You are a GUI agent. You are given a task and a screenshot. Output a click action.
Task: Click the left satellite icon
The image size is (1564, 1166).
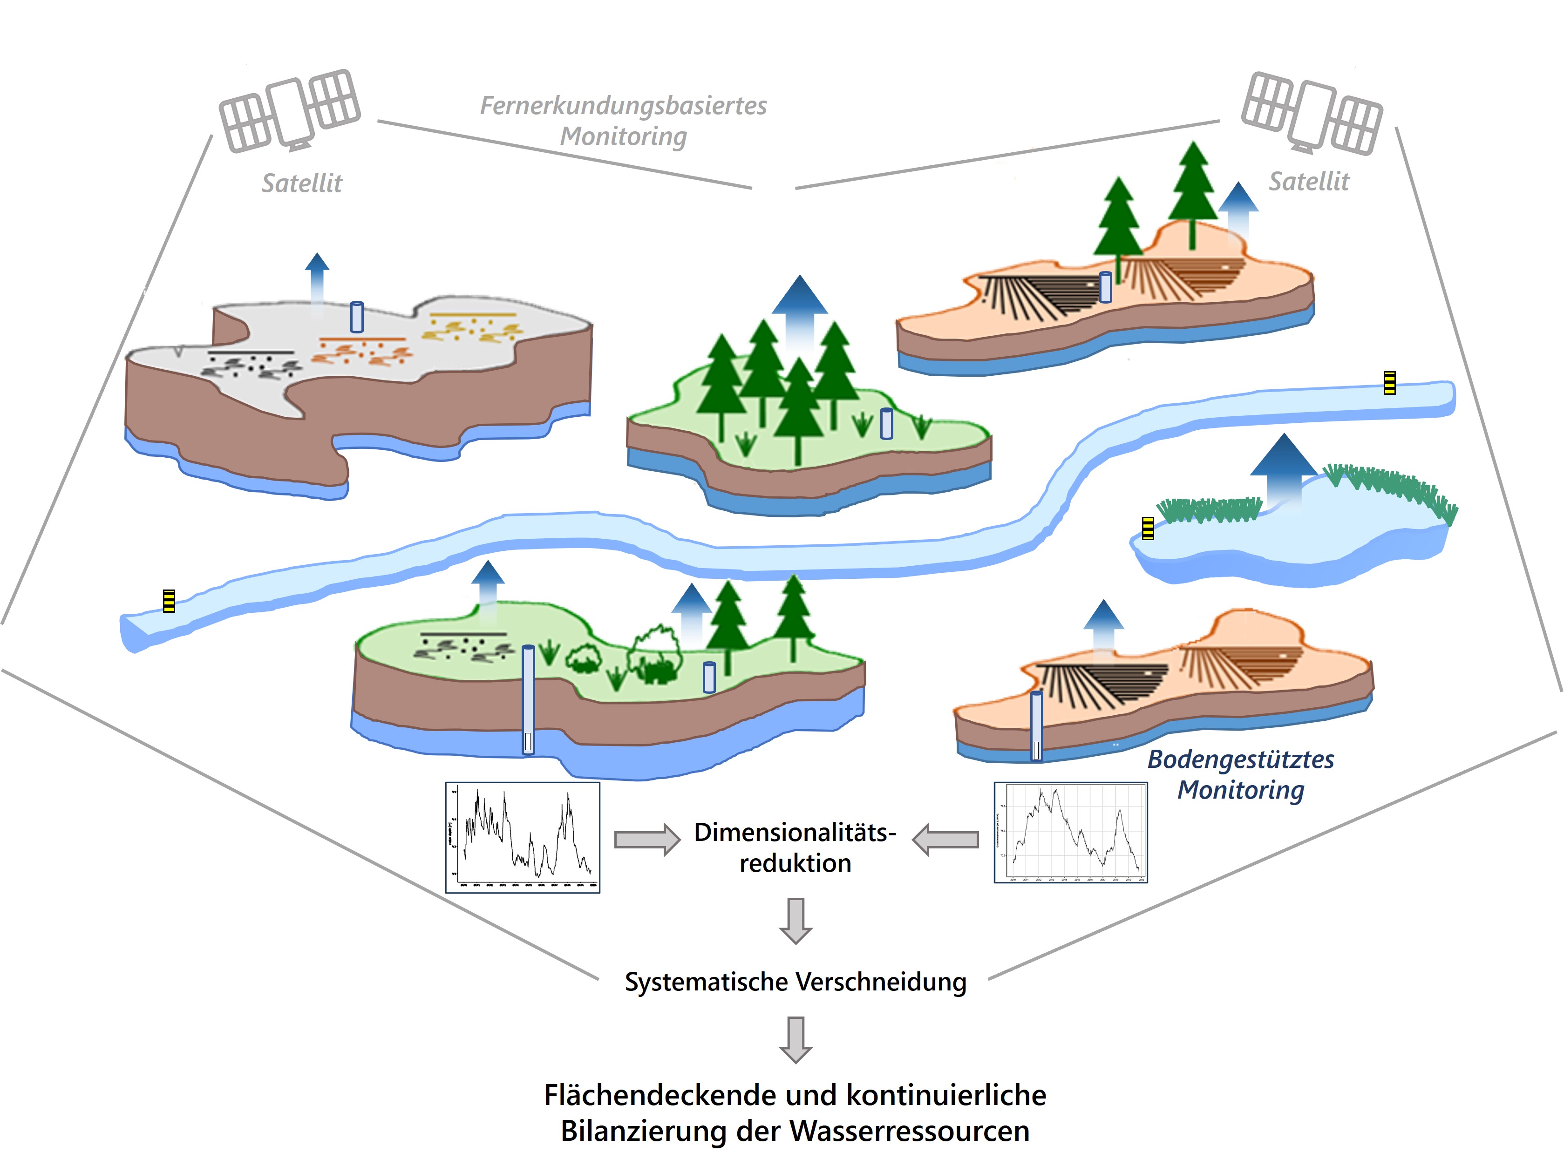click(289, 111)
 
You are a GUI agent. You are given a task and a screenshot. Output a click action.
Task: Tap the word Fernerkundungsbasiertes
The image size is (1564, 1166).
click(623, 106)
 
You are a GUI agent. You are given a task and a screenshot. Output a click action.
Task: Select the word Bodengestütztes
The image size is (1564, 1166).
click(1240, 759)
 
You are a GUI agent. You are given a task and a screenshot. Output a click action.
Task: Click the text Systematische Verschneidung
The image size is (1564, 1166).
click(796, 982)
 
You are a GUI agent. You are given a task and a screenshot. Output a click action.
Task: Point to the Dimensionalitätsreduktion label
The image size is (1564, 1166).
click(796, 847)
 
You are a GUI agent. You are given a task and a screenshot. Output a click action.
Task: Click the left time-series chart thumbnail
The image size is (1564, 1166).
click(522, 837)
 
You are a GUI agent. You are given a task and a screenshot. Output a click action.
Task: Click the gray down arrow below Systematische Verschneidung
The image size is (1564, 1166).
click(796, 1039)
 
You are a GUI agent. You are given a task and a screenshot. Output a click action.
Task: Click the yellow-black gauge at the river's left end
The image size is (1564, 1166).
click(169, 601)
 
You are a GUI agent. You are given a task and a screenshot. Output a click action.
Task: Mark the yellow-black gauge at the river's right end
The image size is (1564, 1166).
click(1389, 383)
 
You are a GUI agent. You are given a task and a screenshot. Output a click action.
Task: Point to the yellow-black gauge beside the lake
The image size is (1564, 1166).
click(1148, 528)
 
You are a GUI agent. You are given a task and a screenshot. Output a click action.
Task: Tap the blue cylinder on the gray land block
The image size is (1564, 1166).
click(357, 317)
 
